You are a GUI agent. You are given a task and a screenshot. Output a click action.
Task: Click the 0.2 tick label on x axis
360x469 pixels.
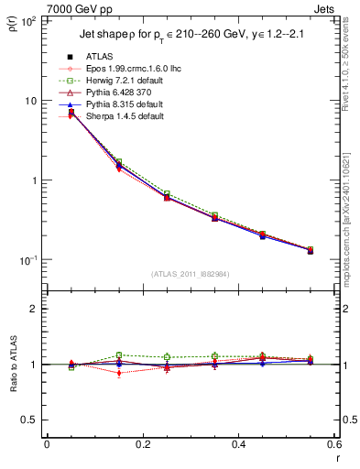pyautogui.click(x=142, y=444)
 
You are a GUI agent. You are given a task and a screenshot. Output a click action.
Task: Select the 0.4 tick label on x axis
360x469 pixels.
pyautogui.click(x=238, y=444)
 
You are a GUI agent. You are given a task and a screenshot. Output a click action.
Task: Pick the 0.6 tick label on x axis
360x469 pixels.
pyautogui.click(x=333, y=444)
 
